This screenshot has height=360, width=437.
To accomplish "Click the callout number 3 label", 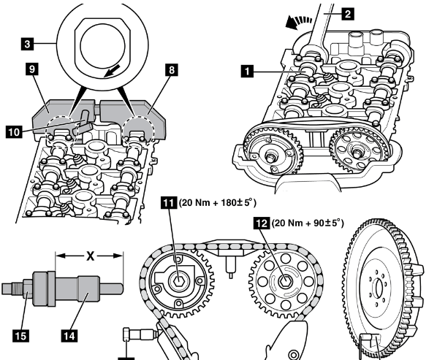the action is (x=27, y=44).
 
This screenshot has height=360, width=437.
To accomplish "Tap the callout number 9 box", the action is (x=32, y=69).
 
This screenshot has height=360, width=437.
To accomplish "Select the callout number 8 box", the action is (x=172, y=69).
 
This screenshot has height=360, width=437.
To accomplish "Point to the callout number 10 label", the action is (x=14, y=131).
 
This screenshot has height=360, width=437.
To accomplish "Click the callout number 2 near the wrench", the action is (x=348, y=13).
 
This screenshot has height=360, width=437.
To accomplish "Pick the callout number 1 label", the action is (x=247, y=72).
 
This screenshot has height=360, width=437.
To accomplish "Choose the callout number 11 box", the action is (x=169, y=202).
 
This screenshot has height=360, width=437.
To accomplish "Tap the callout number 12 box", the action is (x=262, y=223).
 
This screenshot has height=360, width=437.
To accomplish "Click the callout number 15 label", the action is (x=20, y=336).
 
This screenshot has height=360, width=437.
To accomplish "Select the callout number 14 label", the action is (x=69, y=336).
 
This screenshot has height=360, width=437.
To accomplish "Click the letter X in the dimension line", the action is (x=91, y=256).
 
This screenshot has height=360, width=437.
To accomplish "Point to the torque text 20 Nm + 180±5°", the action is (x=217, y=202).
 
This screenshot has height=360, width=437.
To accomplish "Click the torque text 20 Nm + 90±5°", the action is (x=308, y=223).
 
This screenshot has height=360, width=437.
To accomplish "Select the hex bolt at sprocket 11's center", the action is (x=178, y=281).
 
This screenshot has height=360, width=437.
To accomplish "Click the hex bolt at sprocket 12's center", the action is (x=284, y=282).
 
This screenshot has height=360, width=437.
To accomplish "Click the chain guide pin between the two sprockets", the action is (x=231, y=267).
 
